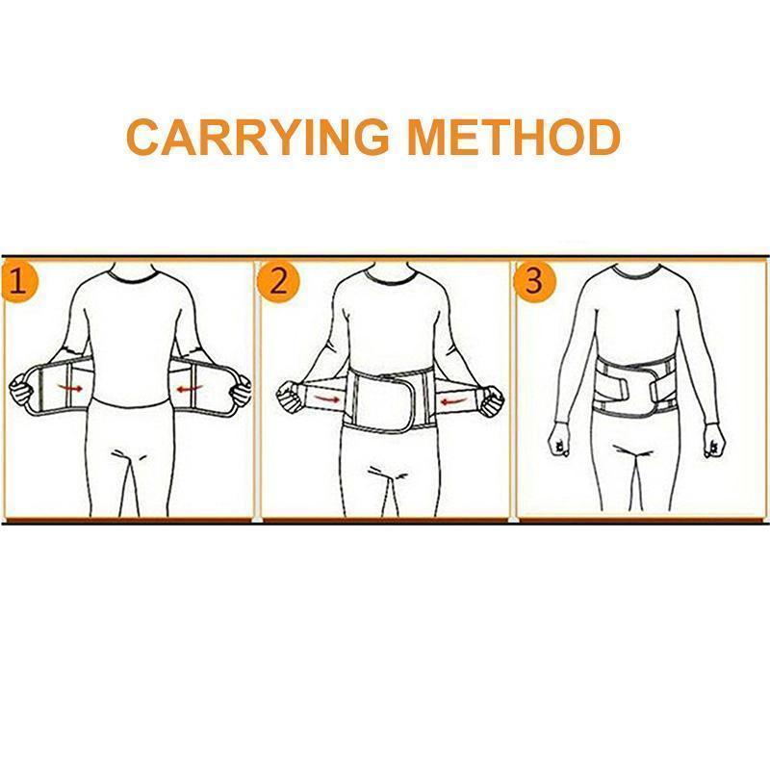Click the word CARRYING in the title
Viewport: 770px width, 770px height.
coord(257,137)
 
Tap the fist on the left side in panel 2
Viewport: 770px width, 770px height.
coord(288,396)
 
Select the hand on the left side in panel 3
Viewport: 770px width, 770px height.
coord(559,442)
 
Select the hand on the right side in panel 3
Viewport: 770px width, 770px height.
coord(712,442)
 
